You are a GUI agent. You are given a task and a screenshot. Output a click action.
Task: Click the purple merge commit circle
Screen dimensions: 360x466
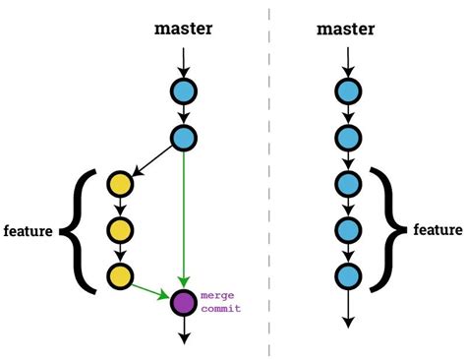[x=183, y=303]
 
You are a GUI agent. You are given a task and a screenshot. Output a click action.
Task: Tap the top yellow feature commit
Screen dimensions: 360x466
[x=120, y=185]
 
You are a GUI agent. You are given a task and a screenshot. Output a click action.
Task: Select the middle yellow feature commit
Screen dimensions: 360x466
[x=120, y=231]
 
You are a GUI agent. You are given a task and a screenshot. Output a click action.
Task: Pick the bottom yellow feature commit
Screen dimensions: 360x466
[x=120, y=276]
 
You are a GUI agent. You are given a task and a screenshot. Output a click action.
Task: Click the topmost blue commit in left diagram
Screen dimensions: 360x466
[x=183, y=92]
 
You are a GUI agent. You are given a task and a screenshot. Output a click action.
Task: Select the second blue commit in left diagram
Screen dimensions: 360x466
[x=183, y=138]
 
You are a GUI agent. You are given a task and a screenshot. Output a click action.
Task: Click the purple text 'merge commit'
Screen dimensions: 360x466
[x=220, y=301]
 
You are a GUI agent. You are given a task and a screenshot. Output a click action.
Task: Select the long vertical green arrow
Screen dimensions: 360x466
[x=184, y=216]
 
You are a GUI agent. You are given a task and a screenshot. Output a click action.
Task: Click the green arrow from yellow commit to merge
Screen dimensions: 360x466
[x=150, y=290]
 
